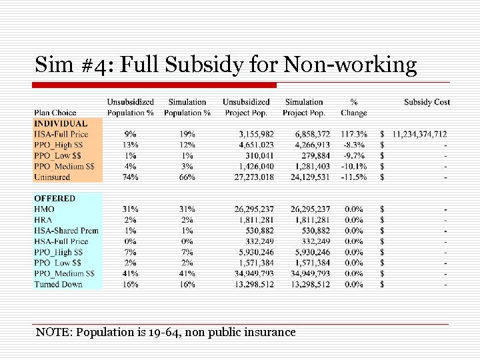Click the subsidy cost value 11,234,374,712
pos(419,134)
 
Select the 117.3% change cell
pos(353,134)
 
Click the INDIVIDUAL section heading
pos(61,123)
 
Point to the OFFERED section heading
pos(55,198)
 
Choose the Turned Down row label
pos(59,285)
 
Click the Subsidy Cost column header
pos(427,102)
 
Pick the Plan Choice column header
pos(55,113)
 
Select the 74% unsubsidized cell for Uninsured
pos(130,177)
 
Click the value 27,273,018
pos(249,177)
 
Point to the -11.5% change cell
pos(353,177)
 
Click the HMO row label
pos(45,209)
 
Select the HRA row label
pos(44,220)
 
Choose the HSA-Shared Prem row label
pos(67,231)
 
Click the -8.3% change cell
pos(353,145)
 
